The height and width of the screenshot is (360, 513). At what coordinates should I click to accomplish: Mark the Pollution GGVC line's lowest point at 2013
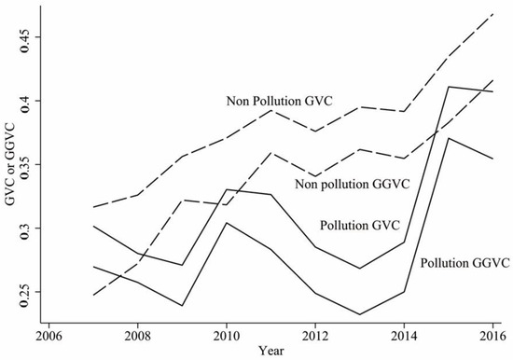tap(339, 314)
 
